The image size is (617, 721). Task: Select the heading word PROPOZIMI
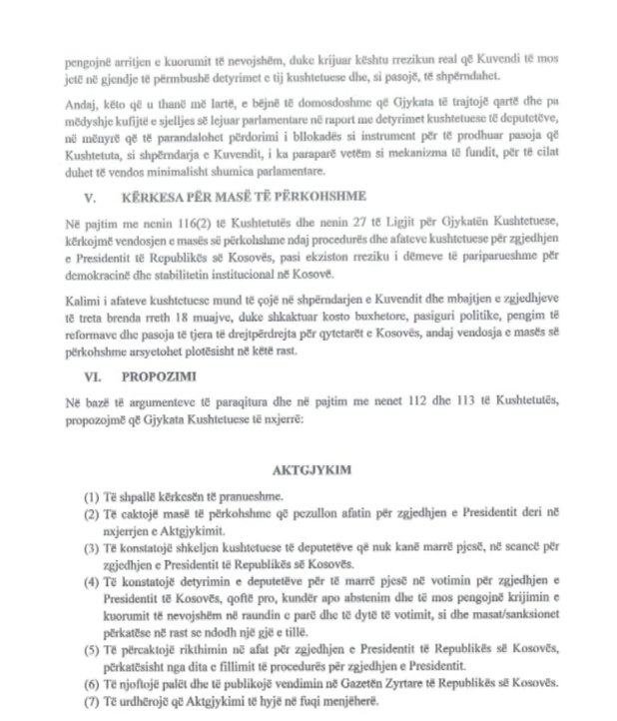pos(153,378)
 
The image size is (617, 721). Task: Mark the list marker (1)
pos(92,496)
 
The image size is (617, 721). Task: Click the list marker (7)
pos(92,702)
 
